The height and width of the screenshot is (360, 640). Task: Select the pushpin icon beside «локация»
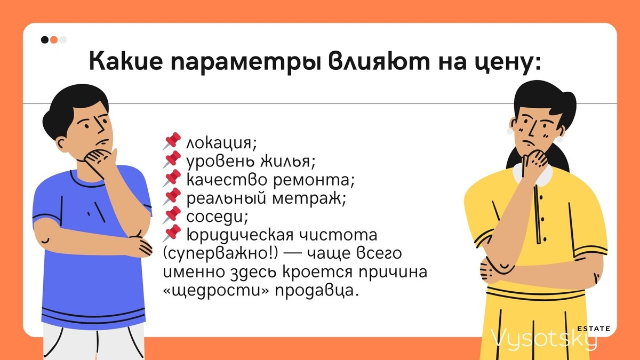[172, 142]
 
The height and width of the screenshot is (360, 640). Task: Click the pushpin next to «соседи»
[172, 215]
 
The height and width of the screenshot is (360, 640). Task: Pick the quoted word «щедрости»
[218, 290]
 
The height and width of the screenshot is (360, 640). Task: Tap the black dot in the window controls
[45, 39]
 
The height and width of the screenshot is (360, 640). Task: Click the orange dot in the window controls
[54, 39]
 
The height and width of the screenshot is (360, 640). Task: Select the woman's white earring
[559, 140]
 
